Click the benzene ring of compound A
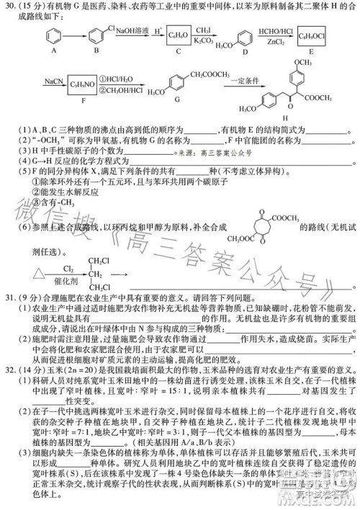click(51, 35)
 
